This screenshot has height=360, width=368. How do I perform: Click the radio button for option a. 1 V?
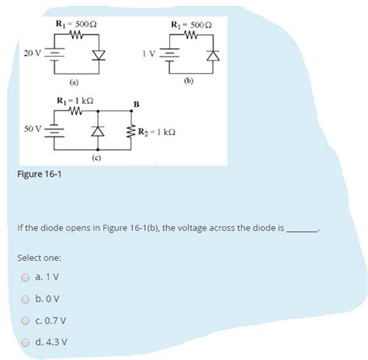click(26, 277)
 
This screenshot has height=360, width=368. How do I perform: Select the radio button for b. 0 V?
click(26, 298)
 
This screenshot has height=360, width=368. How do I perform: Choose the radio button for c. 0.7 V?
click(26, 320)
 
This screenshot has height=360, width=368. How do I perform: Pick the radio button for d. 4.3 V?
click(26, 341)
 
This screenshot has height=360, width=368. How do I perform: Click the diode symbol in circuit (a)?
click(96, 55)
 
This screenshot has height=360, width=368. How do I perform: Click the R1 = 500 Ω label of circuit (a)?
click(76, 26)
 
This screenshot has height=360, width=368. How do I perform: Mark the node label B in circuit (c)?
click(137, 103)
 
